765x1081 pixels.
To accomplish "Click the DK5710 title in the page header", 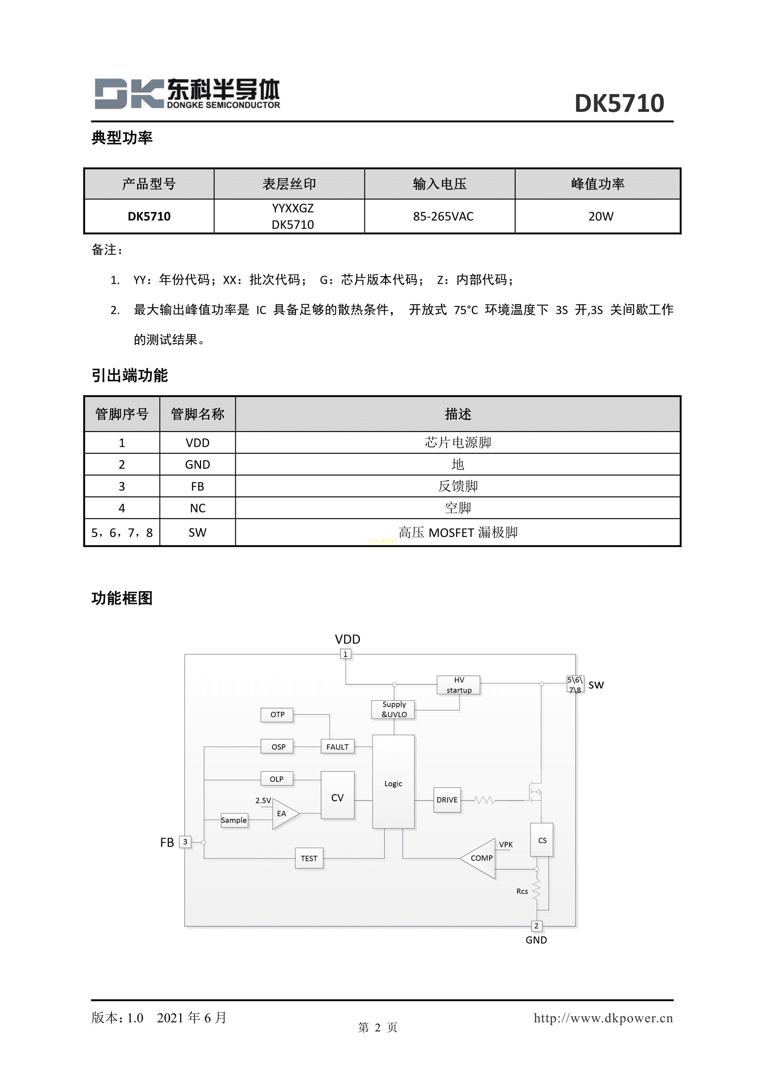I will pos(619,103).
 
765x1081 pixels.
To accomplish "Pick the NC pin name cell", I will pos(197,508).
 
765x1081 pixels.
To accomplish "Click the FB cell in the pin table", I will pos(197,486).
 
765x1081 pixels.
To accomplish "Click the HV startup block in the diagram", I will pos(459,685).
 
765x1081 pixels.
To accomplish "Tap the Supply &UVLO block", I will pos(394,710).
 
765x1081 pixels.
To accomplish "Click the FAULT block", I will pos(337,747).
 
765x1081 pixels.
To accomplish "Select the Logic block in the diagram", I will pos(393,783).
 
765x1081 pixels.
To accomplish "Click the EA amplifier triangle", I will pos(283,814).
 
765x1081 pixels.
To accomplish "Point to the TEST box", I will pos(309,858).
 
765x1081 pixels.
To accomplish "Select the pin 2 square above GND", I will pos(536,926).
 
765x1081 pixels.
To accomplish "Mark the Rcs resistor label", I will pos(522,891).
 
